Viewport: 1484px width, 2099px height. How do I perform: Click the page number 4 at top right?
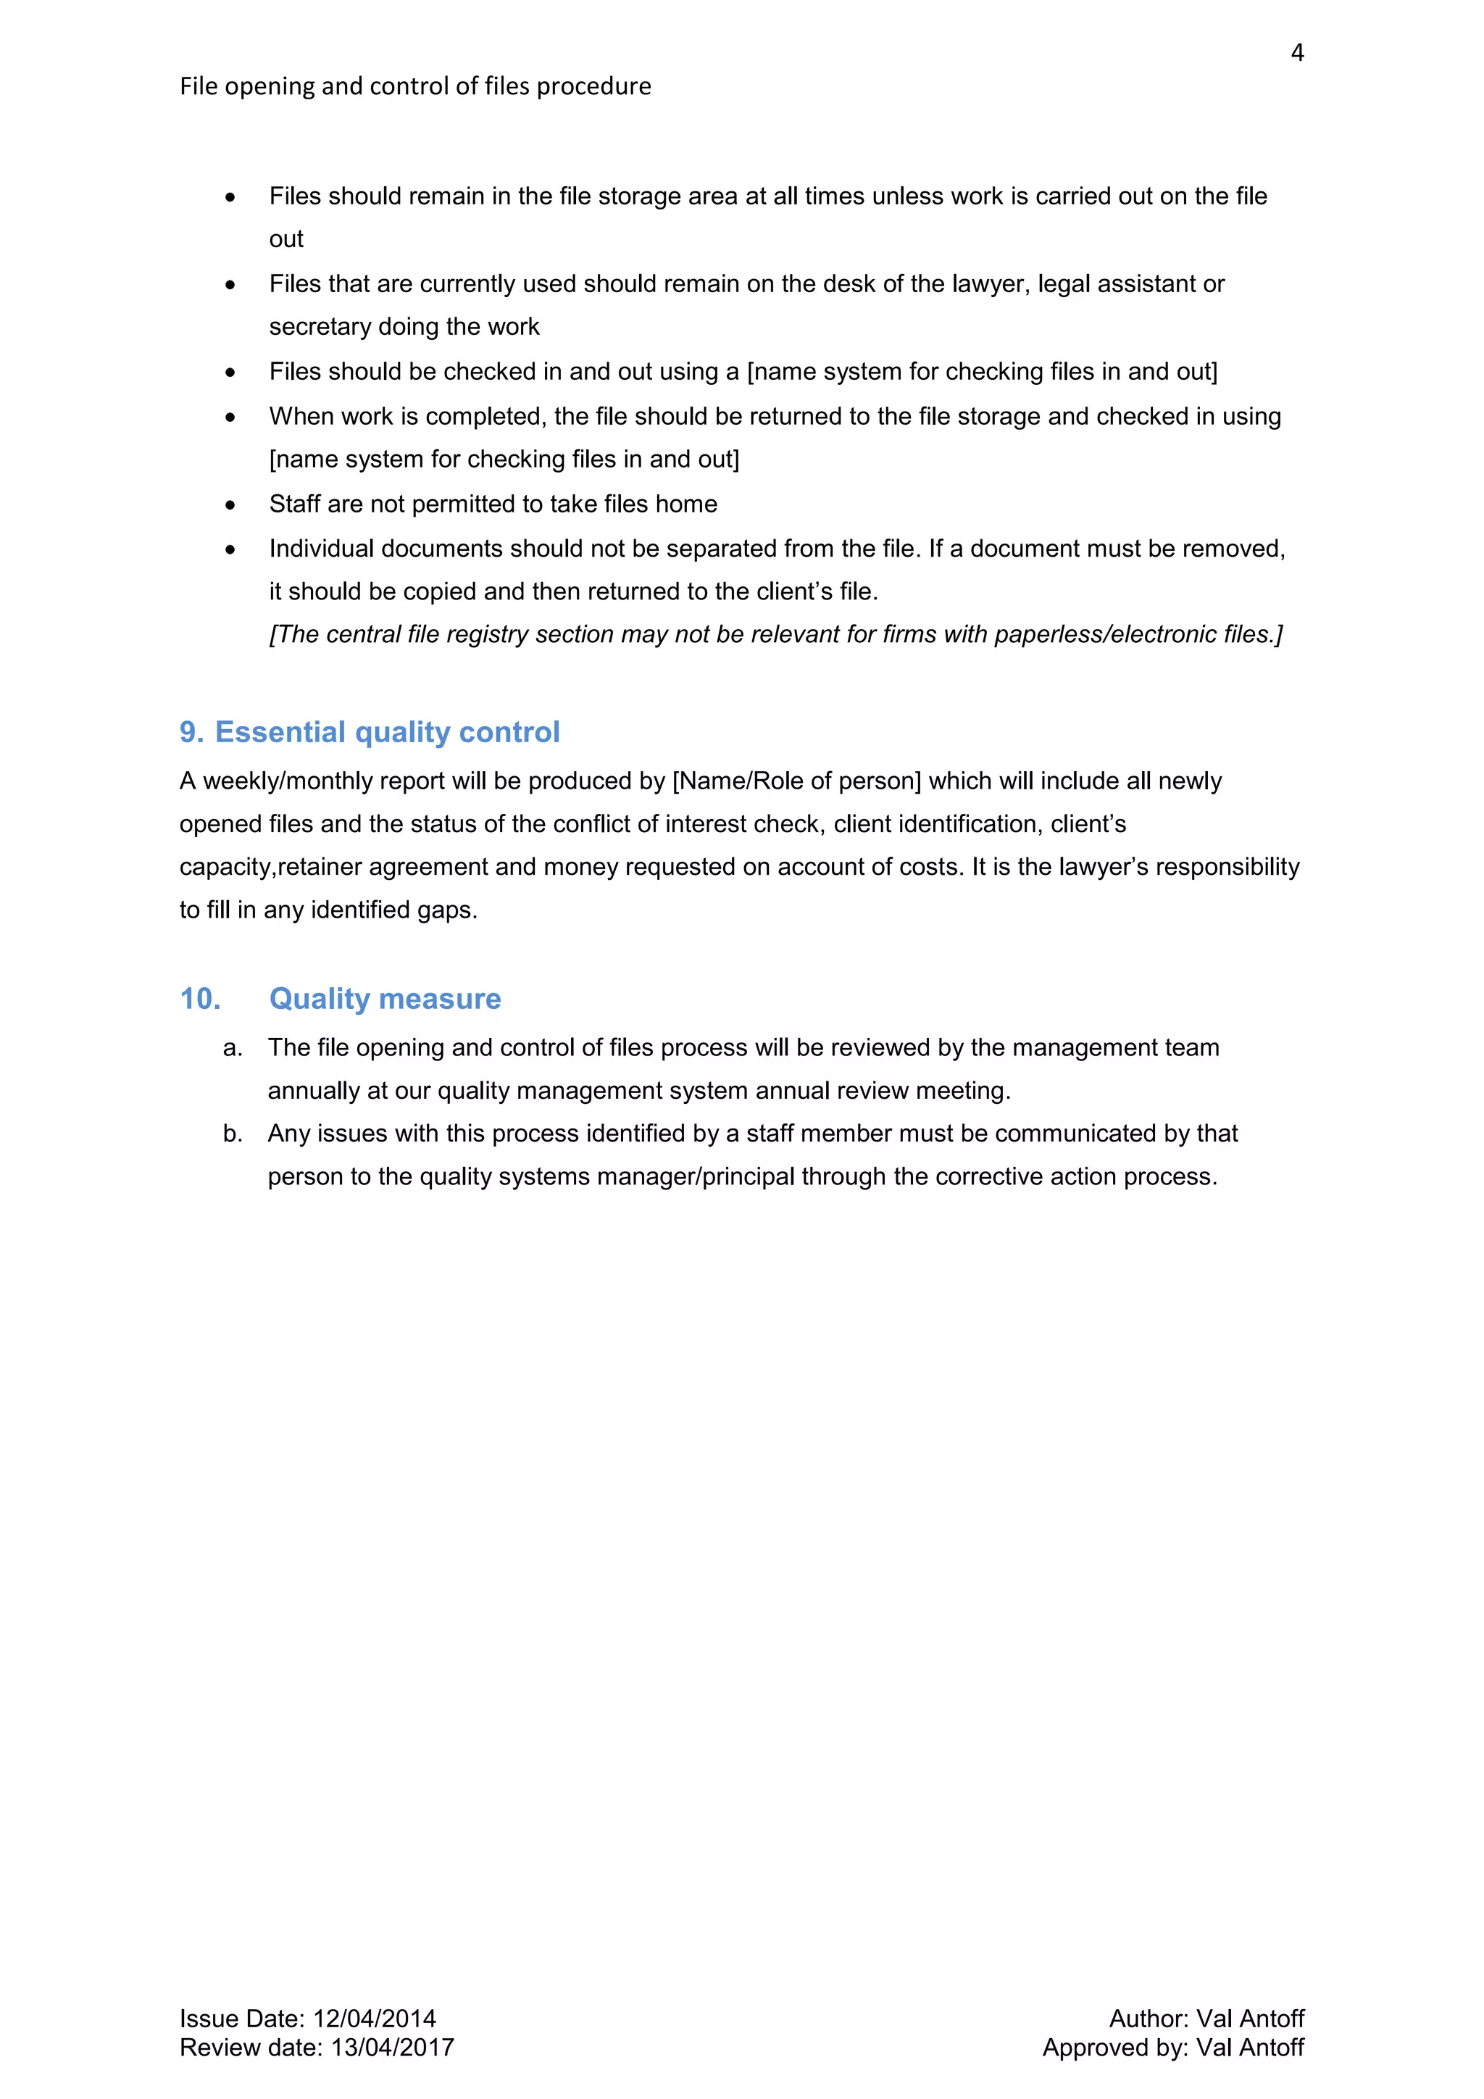[1296, 53]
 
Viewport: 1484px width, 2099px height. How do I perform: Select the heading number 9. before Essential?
[192, 732]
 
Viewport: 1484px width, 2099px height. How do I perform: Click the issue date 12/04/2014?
[375, 2019]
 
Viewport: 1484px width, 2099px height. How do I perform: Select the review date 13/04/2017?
[392, 2047]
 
